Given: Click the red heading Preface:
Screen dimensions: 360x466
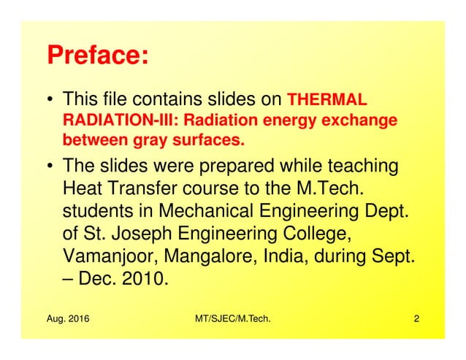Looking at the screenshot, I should click(x=97, y=55).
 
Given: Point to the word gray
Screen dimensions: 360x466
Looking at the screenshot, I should click(x=144, y=138).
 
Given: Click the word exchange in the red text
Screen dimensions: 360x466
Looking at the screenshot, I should click(x=362, y=119).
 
